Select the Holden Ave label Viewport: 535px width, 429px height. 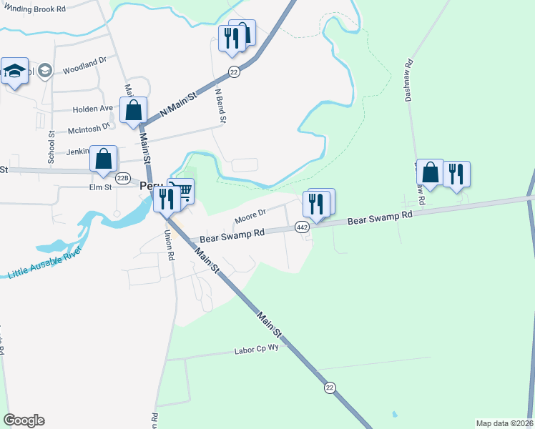[x=93, y=109]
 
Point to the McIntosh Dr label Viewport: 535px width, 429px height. [x=89, y=129]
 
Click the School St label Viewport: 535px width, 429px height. [x=51, y=147]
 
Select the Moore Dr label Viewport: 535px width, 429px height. [x=250, y=213]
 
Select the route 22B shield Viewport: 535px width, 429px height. [x=123, y=178]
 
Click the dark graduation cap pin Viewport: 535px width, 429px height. [x=14, y=71]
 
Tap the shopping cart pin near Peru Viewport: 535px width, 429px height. [x=183, y=191]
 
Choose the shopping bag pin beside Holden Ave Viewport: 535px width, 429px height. [x=133, y=110]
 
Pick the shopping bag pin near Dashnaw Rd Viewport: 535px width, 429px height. [x=430, y=172]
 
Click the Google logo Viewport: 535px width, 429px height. [x=24, y=420]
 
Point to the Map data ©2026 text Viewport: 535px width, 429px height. [x=505, y=423]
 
